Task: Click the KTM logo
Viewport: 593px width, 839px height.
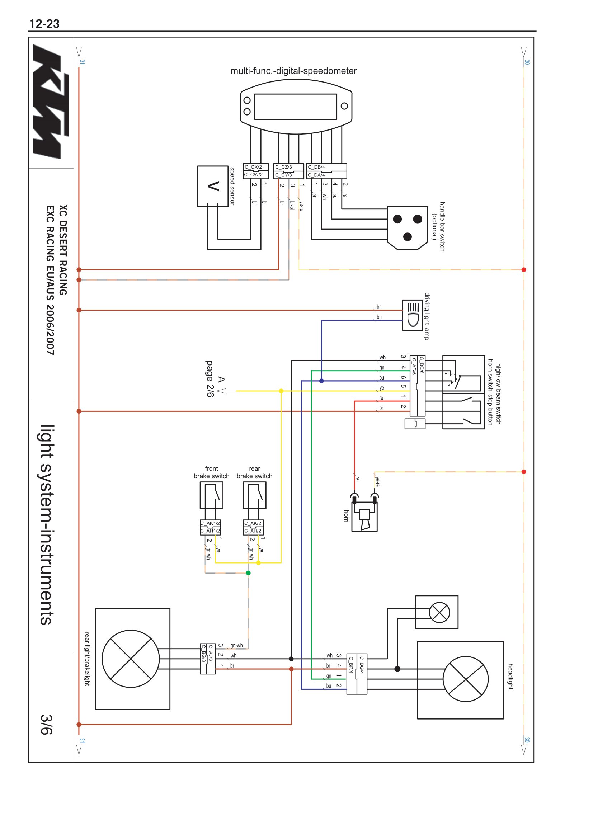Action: point(51,102)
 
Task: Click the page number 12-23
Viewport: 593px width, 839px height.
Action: point(44,24)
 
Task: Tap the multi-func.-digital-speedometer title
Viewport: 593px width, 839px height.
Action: point(293,71)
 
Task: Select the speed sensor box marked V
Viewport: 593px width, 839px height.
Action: point(213,187)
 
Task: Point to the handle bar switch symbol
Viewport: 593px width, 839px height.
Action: point(408,228)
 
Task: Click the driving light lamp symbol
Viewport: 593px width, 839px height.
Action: point(413,315)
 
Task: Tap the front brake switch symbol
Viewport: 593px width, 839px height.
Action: point(212,495)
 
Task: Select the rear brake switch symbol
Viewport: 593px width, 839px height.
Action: point(255,495)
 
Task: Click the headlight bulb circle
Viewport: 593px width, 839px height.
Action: point(466,679)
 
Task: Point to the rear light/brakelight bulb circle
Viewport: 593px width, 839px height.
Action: point(131,659)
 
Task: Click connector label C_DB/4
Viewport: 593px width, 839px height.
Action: point(316,167)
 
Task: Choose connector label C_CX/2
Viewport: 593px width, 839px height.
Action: point(253,167)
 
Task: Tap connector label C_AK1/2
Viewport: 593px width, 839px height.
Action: point(210,523)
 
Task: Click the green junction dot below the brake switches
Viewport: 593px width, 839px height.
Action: point(249,573)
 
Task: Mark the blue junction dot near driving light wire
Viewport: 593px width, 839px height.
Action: point(321,381)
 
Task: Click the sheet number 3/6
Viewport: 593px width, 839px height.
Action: point(46,724)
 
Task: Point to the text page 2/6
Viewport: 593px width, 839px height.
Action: point(210,379)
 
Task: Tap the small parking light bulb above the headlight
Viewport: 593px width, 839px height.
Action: point(439,612)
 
